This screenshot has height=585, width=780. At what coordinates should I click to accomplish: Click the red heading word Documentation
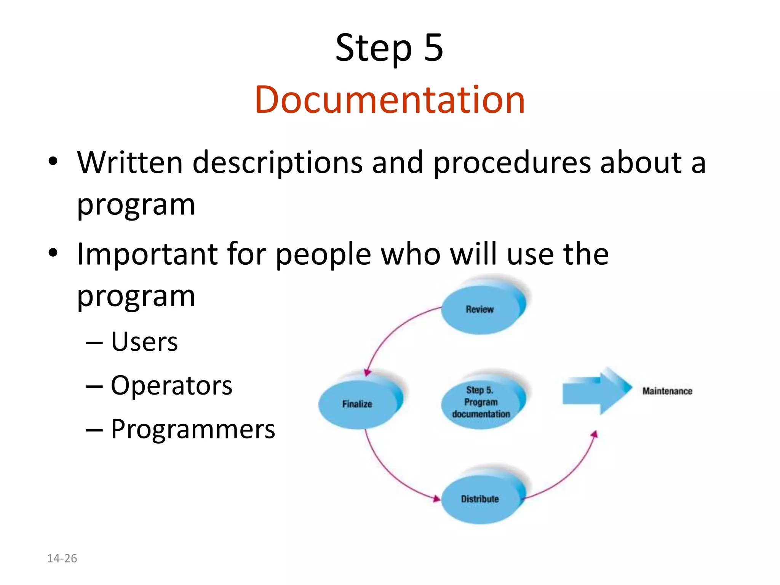[390, 100]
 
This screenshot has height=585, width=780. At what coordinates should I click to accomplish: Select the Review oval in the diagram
[480, 309]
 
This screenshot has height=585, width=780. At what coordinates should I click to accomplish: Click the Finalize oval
[357, 404]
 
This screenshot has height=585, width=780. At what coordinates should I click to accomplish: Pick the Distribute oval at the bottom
[480, 499]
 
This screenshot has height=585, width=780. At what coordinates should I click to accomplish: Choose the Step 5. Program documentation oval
[481, 402]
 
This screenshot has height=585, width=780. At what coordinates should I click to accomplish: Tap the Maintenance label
[667, 391]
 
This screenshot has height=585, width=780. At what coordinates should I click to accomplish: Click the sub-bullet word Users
[144, 342]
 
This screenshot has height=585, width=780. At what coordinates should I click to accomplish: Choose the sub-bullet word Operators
[171, 385]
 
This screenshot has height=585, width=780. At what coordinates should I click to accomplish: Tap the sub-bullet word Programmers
[193, 429]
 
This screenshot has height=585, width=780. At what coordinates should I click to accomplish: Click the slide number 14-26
[62, 558]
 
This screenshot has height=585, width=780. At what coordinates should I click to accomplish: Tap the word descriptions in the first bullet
[278, 163]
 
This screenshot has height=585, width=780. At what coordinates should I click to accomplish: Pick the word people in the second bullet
[323, 254]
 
